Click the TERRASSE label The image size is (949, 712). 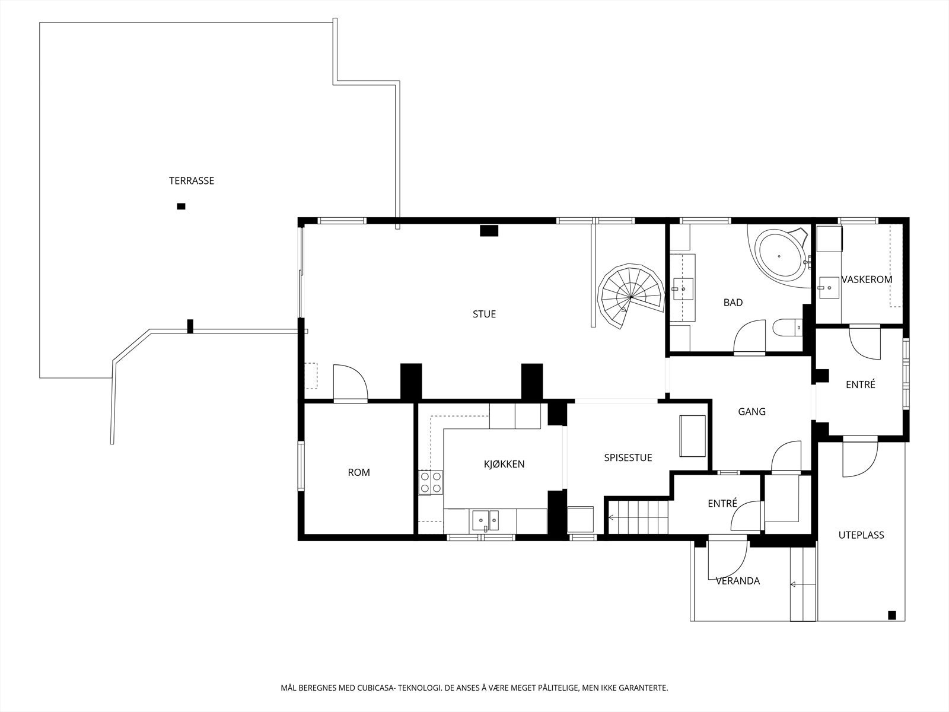click(192, 181)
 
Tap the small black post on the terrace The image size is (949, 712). click(181, 206)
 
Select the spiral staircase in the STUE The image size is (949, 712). click(631, 296)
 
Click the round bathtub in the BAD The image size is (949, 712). click(779, 256)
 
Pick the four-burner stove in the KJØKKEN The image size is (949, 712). click(431, 482)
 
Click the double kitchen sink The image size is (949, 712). click(485, 520)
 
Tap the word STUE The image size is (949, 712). click(484, 314)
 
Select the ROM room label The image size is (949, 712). click(359, 472)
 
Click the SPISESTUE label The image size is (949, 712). click(628, 458)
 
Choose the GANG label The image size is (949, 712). click(752, 412)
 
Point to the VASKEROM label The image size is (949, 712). click(867, 279)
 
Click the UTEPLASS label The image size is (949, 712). click(861, 535)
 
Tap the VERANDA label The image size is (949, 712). click(738, 581)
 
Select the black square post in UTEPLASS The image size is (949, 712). click(892, 615)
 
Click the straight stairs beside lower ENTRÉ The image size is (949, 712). click(639, 517)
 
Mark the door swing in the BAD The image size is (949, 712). click(750, 337)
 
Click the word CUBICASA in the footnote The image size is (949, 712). click(375, 688)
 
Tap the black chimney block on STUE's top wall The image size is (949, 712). click(489, 231)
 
